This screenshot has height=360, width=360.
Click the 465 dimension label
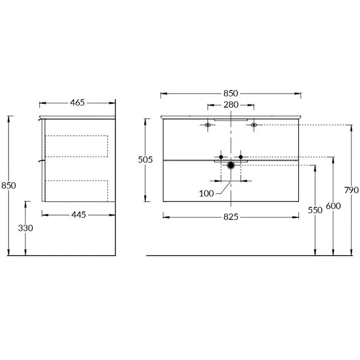pos(77,103)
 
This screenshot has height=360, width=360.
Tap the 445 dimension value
pos(78,215)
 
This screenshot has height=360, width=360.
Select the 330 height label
pos(26,228)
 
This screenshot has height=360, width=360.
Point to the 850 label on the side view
pos(9,185)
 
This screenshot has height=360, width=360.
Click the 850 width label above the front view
pos(231,94)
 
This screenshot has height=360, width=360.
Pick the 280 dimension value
pos(231,105)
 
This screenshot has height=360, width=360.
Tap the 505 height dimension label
pos(145,160)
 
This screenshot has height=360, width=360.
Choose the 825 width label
pos(231,217)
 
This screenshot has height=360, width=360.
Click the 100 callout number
pos(206,194)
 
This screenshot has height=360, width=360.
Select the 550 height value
pos(315,210)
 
